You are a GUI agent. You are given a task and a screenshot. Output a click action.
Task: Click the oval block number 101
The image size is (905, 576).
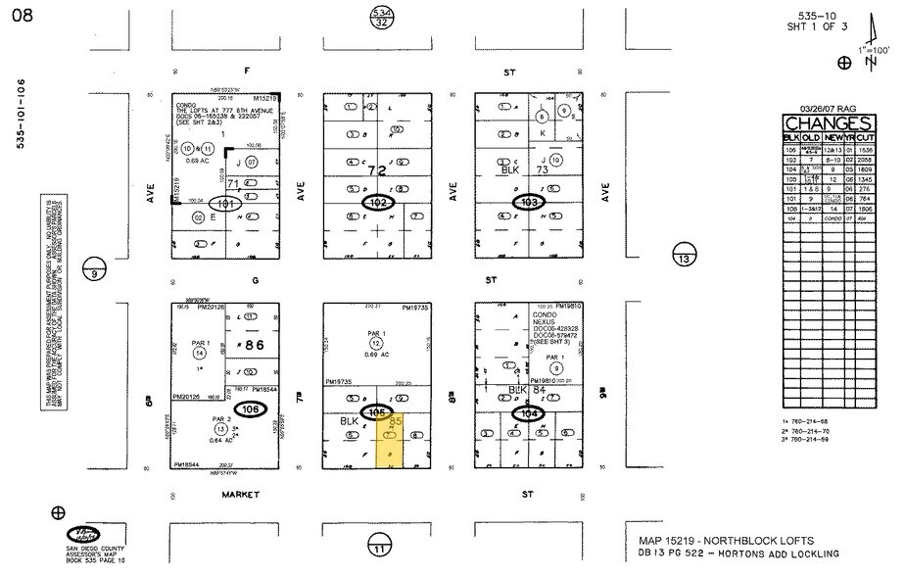(227, 204)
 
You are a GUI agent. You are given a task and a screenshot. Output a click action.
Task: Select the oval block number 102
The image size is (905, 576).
(378, 202)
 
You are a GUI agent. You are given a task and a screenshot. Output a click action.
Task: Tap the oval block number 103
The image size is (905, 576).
(529, 201)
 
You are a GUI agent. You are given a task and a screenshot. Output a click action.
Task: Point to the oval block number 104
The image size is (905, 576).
(529, 412)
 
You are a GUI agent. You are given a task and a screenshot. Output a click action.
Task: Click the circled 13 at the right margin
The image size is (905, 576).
(683, 258)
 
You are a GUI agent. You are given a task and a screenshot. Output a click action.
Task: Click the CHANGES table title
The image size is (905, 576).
(828, 123)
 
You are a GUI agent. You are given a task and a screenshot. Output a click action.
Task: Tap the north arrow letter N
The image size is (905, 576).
(870, 62)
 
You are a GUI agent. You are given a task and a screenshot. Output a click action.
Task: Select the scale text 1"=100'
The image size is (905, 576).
(875, 48)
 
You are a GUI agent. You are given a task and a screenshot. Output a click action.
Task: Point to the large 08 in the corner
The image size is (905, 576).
(22, 16)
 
